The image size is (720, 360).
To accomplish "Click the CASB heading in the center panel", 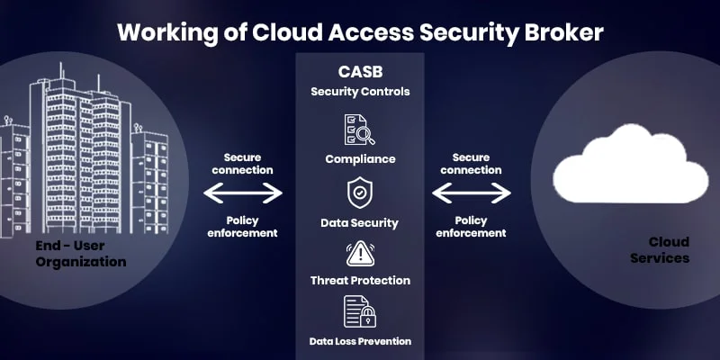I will click(360, 71).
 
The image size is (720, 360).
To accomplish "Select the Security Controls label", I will click(360, 91).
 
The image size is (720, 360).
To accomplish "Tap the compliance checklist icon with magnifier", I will click(360, 130).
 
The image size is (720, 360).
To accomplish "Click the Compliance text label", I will click(360, 159).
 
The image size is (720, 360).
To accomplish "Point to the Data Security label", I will click(360, 222).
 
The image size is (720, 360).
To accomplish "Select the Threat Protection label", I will click(360, 282).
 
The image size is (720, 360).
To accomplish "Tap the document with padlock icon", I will click(360, 311).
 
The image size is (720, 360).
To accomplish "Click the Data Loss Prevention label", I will click(360, 341).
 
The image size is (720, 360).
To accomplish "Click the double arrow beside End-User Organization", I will click(243, 193).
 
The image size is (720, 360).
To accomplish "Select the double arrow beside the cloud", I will click(472, 193).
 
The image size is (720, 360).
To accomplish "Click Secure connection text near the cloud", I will click(471, 164).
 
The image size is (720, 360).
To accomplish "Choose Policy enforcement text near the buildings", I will click(242, 226).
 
